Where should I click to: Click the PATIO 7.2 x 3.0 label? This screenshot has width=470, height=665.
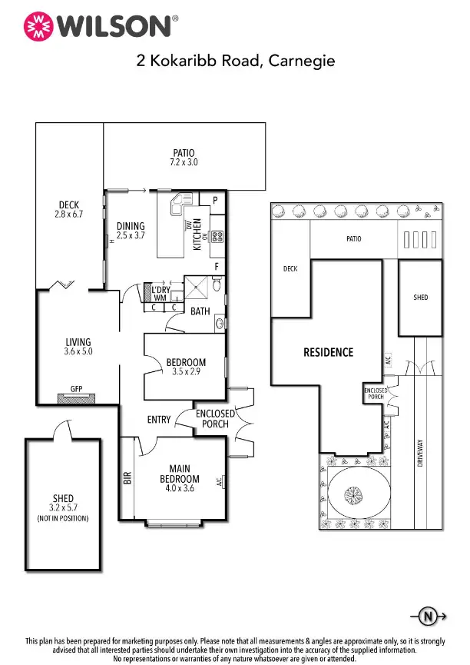point(184,158)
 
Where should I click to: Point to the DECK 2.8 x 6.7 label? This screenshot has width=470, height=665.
point(69,210)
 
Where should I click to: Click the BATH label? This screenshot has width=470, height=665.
point(200,311)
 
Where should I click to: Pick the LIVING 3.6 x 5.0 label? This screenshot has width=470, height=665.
point(78,347)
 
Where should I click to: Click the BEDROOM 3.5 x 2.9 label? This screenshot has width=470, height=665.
point(186,367)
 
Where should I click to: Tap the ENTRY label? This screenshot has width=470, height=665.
point(159,419)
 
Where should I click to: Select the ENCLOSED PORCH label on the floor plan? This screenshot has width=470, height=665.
point(215,418)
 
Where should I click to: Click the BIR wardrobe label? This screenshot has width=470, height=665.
point(127,477)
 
